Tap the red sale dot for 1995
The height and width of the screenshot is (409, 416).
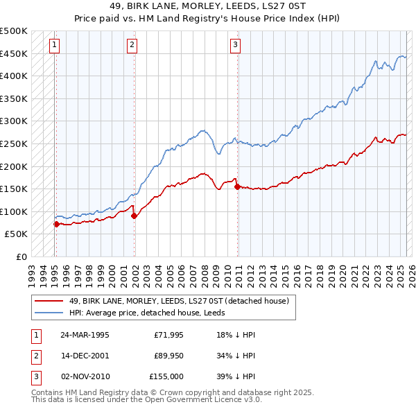click(x=56, y=224)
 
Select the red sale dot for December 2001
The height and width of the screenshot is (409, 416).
click(x=134, y=216)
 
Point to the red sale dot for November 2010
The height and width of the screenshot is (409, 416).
click(x=237, y=186)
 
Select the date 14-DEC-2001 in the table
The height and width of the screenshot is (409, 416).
click(x=85, y=356)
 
